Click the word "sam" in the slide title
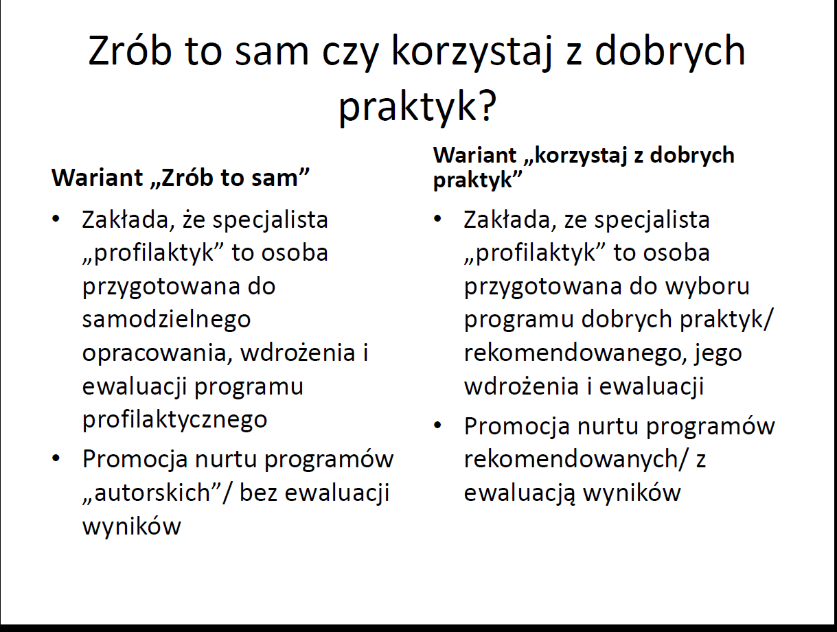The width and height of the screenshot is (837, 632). click(271, 52)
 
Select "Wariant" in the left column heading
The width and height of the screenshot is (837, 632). click(98, 178)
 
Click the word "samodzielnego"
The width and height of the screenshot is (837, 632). click(166, 320)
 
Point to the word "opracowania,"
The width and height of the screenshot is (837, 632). click(157, 354)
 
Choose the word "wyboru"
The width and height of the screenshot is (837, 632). click(707, 286)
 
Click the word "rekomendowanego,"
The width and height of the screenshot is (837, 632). click(573, 354)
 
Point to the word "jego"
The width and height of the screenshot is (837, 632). click(718, 354)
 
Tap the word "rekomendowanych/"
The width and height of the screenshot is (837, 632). click(575, 458)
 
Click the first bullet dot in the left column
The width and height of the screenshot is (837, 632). click(56, 219)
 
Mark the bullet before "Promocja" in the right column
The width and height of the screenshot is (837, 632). click(437, 425)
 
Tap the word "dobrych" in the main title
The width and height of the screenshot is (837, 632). click(670, 52)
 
